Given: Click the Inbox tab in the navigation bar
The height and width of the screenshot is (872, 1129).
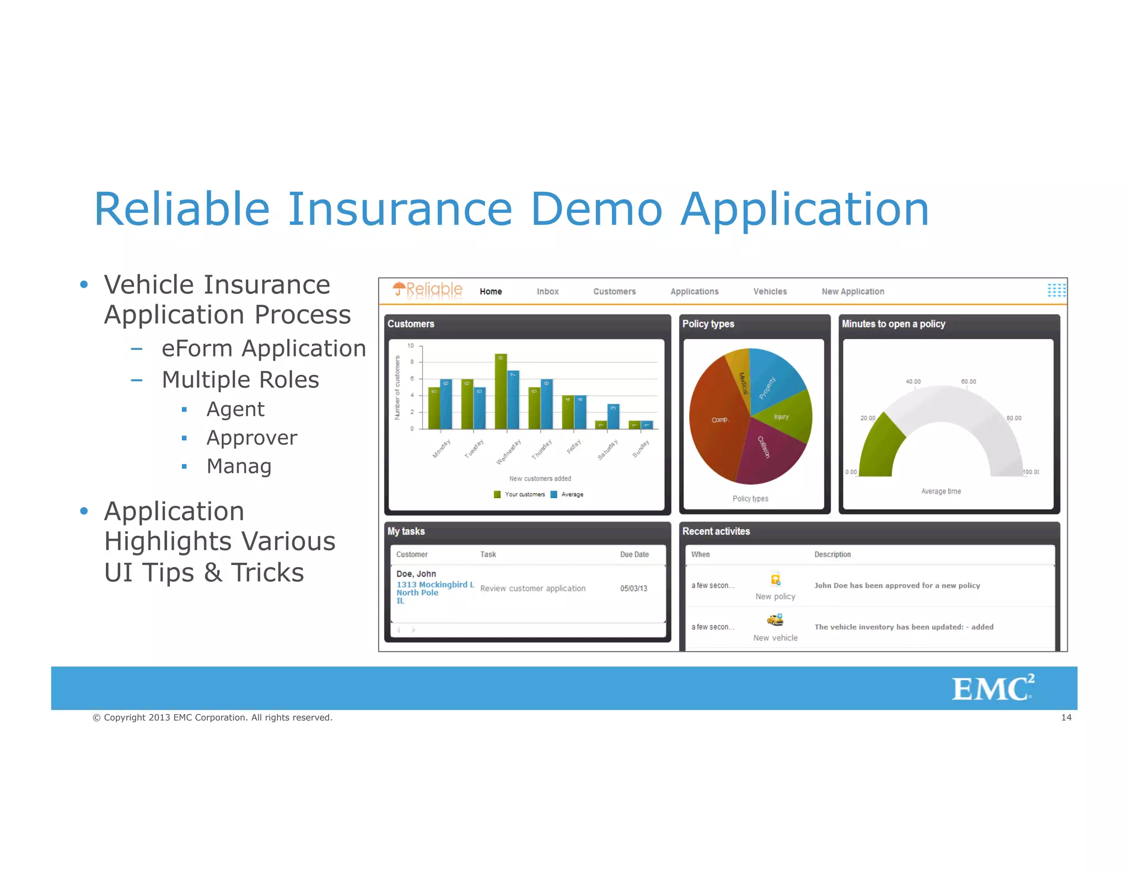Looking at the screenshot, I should [547, 292].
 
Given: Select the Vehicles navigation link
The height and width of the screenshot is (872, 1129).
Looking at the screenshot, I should [770, 292].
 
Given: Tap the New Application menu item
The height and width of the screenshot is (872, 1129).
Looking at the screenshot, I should [852, 292].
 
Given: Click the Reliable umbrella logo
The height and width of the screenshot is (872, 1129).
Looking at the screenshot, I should [427, 289].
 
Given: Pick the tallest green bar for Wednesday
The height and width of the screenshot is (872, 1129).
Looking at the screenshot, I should [501, 391].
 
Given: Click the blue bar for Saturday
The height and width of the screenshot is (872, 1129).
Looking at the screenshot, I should [613, 416].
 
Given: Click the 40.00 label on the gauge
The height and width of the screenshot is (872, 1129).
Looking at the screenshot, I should [913, 381].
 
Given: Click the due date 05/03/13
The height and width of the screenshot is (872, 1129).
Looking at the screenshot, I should [633, 589].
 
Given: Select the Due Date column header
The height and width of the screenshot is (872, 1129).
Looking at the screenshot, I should [634, 555].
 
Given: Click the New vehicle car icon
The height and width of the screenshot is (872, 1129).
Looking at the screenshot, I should [775, 620].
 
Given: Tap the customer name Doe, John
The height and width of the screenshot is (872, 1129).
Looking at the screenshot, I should [416, 574].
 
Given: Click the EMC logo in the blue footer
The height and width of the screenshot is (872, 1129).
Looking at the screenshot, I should [992, 688].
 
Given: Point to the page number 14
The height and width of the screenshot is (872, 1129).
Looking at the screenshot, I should [1066, 718].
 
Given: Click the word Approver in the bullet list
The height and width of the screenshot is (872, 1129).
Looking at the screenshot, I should [251, 438].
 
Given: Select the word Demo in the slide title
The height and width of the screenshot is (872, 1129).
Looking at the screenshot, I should [596, 209].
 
